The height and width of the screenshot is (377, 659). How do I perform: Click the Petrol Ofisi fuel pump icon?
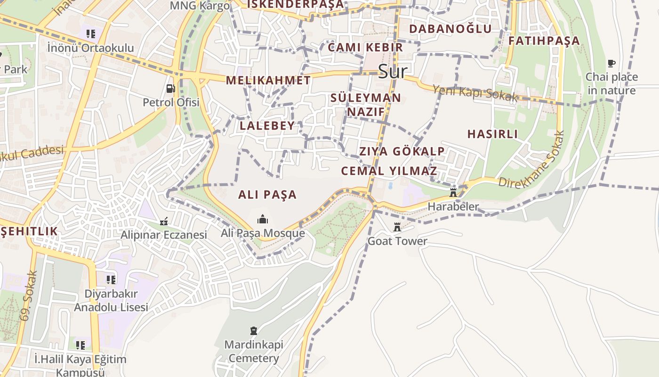170,88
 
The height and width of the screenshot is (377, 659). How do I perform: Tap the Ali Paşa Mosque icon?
262,219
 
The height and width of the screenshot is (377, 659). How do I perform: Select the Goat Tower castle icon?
397,227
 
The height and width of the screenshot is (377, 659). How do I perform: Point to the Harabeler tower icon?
453,192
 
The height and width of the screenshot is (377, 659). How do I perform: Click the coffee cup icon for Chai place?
611,63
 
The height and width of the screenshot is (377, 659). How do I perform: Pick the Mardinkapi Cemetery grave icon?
254,330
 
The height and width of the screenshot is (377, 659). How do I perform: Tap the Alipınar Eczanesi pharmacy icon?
164,221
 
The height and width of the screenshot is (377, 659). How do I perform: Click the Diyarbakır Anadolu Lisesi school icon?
111,280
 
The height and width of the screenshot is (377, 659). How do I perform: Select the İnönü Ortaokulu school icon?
91,33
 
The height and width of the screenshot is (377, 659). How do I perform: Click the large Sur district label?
393,72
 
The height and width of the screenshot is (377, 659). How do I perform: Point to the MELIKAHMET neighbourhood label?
268,80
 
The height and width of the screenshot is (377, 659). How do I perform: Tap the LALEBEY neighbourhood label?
267,126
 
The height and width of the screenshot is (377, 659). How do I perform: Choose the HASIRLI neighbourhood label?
492,134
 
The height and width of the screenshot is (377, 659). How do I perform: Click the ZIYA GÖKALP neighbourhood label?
402,151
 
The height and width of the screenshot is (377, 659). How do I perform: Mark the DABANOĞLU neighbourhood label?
450,29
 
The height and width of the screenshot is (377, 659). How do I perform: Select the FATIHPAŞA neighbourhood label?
544,41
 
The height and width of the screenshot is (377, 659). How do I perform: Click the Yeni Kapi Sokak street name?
474,93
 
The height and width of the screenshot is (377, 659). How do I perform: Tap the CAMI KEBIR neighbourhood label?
365,47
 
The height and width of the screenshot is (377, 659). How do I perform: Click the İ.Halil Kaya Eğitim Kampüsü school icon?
80,345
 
